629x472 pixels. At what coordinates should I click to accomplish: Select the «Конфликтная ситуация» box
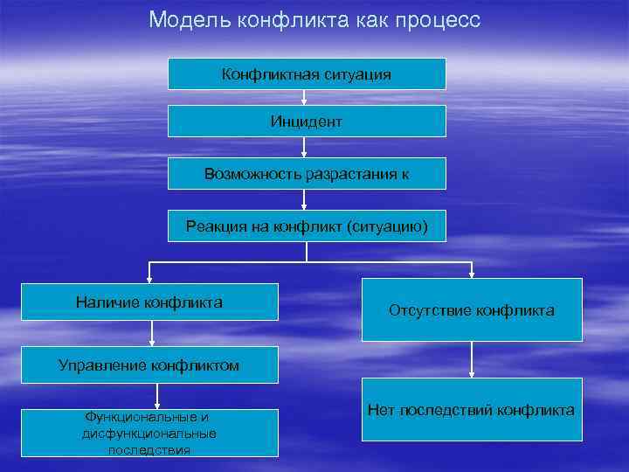(x=307, y=74)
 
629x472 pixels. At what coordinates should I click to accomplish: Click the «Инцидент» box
(x=307, y=121)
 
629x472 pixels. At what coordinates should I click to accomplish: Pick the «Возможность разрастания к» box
(x=307, y=174)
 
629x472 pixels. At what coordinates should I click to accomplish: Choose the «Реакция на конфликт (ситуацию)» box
(x=307, y=226)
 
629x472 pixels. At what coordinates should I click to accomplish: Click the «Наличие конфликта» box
(x=149, y=302)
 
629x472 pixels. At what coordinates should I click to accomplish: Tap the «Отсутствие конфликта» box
(x=472, y=310)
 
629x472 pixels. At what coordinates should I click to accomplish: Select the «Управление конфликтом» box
(x=149, y=364)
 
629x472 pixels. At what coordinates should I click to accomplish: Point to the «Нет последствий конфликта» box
(x=472, y=410)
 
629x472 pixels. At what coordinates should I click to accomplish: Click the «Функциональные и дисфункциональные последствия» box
(x=149, y=433)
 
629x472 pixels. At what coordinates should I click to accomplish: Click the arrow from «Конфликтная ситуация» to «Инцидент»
(x=303, y=98)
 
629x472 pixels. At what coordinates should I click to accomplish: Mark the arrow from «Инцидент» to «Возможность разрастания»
(x=303, y=149)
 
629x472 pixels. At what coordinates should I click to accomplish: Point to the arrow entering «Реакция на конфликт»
(x=303, y=200)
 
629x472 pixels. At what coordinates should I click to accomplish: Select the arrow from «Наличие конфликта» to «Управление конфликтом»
(x=152, y=332)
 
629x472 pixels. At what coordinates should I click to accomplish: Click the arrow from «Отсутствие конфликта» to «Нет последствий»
(x=473, y=359)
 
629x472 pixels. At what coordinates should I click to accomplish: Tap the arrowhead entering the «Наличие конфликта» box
(x=150, y=278)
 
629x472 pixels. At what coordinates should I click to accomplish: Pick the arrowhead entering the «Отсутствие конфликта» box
(x=473, y=273)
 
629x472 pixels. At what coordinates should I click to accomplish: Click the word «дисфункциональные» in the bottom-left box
(x=149, y=434)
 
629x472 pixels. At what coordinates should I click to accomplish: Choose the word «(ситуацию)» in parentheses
(x=387, y=226)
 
